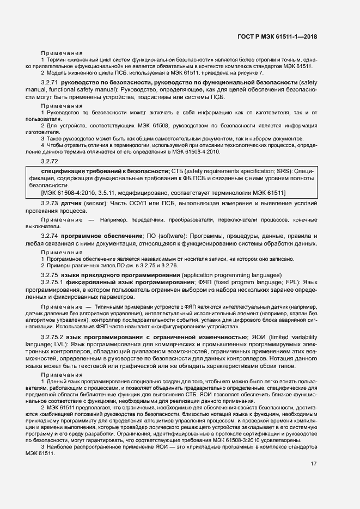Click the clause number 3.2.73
(50, 203)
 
